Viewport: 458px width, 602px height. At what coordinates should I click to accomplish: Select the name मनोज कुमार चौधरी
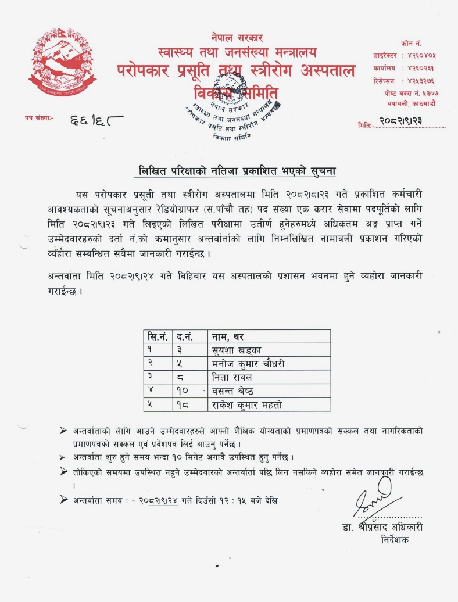pyautogui.click(x=248, y=363)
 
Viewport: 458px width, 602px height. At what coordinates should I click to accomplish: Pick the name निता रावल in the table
pyautogui.click(x=232, y=377)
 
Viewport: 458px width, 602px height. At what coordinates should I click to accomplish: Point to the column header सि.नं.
pyautogui.click(x=158, y=336)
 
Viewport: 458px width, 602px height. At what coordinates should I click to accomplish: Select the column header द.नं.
pyautogui.click(x=185, y=336)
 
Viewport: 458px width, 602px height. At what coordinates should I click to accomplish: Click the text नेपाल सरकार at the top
pyautogui.click(x=237, y=38)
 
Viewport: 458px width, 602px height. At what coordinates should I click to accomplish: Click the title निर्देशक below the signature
pyautogui.click(x=395, y=540)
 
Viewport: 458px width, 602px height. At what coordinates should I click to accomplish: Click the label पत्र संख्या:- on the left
pyautogui.click(x=39, y=118)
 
